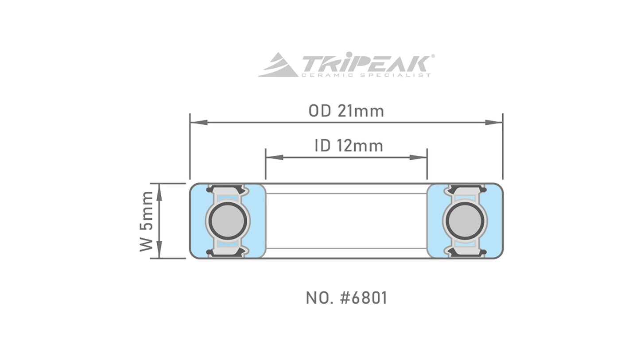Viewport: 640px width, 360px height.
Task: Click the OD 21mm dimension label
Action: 346,111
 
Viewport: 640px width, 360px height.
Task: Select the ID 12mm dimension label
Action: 349,146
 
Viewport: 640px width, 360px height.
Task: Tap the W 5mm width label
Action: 147,221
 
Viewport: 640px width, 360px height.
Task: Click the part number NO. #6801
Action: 346,298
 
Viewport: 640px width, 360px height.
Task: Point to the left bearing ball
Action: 228,221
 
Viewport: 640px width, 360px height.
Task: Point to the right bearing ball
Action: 465,221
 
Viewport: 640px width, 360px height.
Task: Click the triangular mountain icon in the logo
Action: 277,66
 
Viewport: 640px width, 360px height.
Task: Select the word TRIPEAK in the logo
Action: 364,63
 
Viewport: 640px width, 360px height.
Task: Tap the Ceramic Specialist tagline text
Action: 365,75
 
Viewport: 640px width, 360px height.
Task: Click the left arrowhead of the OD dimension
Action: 198,122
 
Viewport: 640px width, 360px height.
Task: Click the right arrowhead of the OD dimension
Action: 494,122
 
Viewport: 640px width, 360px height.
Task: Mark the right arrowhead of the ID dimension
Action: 418,157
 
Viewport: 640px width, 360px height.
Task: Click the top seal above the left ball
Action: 228,190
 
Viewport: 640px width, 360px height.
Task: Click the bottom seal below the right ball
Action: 465,252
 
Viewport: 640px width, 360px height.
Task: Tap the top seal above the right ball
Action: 465,190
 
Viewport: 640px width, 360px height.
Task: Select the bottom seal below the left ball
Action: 228,252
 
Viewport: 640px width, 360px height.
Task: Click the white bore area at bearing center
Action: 346,221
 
